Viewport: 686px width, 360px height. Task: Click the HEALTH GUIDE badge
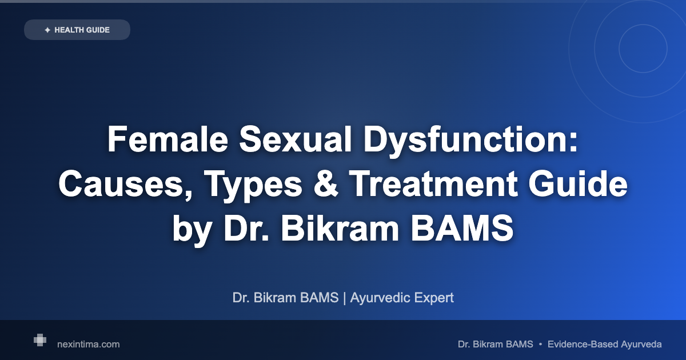77,30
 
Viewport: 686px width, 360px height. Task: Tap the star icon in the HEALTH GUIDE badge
47,30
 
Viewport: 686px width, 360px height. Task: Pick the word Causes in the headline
120,185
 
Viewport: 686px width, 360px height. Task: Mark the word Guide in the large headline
585,185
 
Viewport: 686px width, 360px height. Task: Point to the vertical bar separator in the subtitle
344,298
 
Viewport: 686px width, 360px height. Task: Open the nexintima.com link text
89,344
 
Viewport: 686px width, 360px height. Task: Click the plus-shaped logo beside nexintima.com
39,341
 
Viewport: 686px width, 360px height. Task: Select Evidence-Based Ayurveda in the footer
604,344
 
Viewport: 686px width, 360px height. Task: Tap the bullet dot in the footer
540,344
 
